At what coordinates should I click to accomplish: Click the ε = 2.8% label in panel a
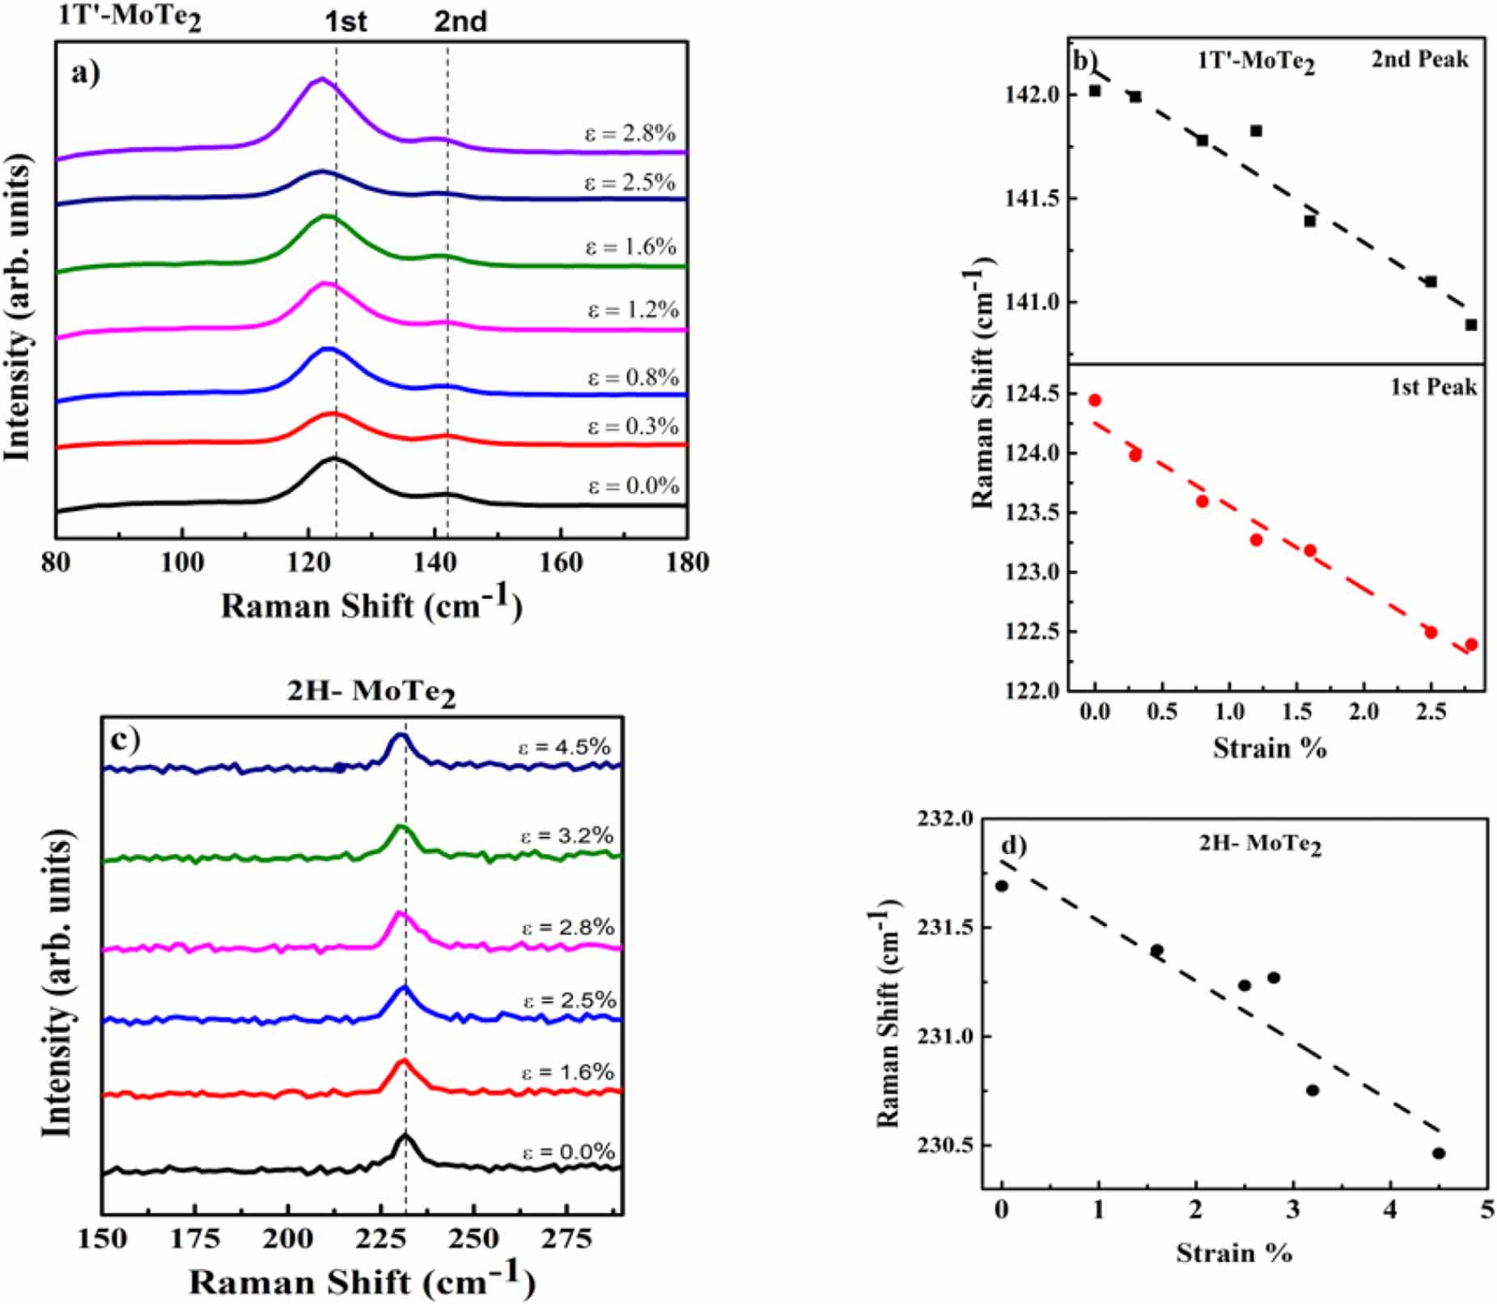(630, 133)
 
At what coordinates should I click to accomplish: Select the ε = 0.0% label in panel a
(633, 486)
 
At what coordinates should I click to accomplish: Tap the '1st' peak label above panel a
(346, 21)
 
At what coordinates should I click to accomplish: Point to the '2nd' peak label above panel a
(460, 21)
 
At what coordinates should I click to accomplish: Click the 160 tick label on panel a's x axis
(560, 562)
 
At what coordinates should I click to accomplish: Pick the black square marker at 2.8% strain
(1470, 325)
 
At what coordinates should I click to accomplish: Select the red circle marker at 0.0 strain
(1095, 400)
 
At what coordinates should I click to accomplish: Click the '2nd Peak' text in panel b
(1419, 59)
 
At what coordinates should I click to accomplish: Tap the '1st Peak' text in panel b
(1433, 387)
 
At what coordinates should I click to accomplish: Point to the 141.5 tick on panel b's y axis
(1031, 198)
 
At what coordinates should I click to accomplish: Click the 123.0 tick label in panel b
(1031, 572)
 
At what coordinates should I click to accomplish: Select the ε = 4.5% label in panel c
(564, 746)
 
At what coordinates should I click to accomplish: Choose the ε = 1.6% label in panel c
(567, 1072)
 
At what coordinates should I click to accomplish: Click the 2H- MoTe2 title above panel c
(371, 691)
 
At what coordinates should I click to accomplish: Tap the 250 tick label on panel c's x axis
(473, 1239)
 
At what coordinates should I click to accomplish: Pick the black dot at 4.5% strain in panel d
(1438, 1153)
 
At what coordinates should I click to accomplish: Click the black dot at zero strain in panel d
(1002, 886)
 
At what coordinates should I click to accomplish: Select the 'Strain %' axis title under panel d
(1233, 1253)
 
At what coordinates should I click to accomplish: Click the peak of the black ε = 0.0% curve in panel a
(333, 459)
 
